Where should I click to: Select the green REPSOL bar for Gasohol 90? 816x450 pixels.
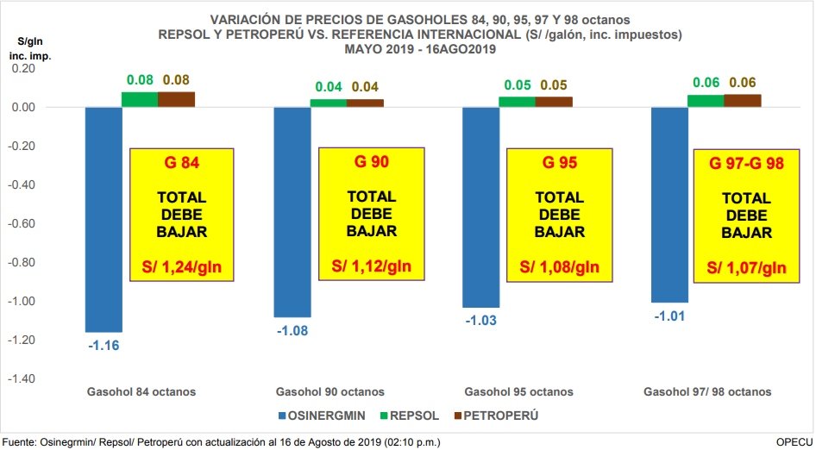(x=328, y=103)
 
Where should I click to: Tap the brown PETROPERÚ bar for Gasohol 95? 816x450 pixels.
(x=554, y=102)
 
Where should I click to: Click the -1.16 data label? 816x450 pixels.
(x=103, y=346)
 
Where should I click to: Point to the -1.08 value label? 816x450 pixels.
(x=292, y=330)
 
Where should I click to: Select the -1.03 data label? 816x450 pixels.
(x=481, y=321)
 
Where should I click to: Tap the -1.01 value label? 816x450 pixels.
(x=669, y=316)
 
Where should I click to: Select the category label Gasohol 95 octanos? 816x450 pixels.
(x=518, y=391)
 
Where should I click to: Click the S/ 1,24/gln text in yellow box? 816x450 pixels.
(x=182, y=266)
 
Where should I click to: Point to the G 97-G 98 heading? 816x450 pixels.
(x=746, y=163)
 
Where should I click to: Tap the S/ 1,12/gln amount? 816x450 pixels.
(x=372, y=266)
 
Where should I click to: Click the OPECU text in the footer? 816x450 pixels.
(x=794, y=441)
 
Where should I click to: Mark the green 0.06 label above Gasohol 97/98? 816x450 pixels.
(x=706, y=83)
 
